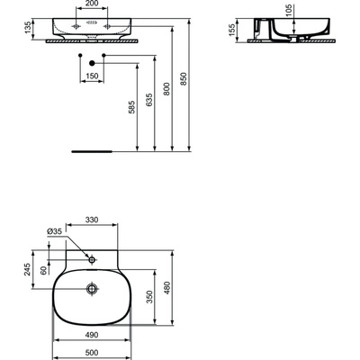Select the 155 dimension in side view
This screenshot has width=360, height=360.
coord(233,31)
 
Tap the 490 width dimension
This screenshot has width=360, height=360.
coord(91,335)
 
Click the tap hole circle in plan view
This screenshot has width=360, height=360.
coord(92,258)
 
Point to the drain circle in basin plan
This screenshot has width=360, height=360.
coord(92,289)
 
